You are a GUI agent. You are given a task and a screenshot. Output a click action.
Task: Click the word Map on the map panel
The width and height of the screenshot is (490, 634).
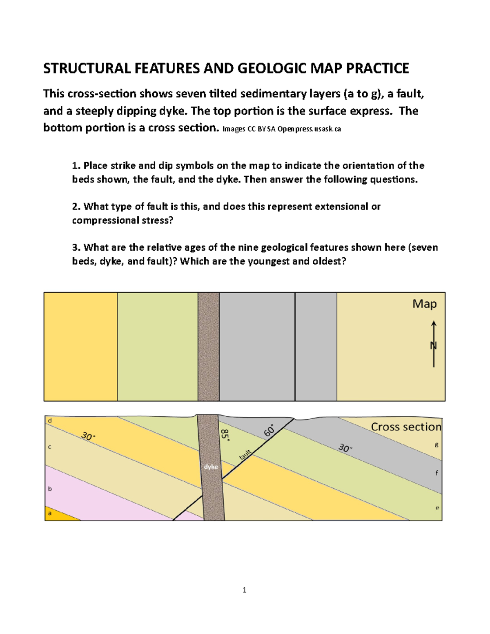(424, 304)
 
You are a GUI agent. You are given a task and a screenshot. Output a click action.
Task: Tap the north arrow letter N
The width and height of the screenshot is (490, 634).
(433, 346)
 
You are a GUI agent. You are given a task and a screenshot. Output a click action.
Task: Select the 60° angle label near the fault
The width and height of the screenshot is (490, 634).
(269, 431)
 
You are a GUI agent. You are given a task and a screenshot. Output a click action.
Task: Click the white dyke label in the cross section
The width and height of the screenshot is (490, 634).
(211, 467)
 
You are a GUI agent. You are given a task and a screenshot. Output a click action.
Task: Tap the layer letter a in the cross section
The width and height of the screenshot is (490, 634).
(50, 513)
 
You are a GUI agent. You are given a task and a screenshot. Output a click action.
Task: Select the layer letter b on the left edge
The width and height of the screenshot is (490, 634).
(50, 489)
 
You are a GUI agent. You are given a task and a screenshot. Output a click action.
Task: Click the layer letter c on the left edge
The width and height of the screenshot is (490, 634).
(49, 447)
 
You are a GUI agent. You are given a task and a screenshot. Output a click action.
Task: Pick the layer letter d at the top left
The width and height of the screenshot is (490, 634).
(50, 420)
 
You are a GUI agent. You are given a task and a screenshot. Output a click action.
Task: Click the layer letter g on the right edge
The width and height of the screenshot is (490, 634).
(437, 445)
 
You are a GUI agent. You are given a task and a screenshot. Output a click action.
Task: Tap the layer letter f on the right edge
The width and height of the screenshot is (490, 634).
(437, 473)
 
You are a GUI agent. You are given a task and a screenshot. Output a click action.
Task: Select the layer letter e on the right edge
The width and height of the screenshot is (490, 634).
(437, 508)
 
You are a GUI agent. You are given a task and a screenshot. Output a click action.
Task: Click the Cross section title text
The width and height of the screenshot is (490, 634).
(406, 427)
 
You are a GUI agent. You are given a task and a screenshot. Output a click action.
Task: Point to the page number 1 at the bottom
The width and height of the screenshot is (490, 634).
(244, 590)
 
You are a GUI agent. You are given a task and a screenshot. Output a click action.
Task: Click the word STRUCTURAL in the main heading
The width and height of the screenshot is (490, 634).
(86, 68)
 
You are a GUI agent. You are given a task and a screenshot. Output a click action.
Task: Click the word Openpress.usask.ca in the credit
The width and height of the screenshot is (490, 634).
(309, 129)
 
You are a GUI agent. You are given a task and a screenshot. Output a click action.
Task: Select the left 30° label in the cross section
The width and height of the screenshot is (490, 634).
(88, 436)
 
